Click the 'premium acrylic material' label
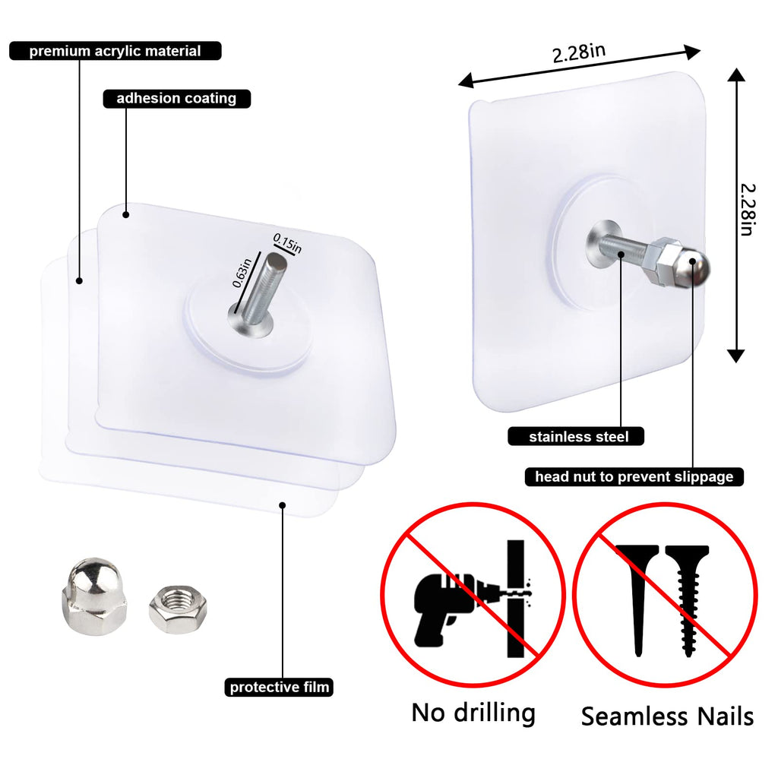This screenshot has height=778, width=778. pos(115,52)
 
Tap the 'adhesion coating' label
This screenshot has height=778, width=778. pos(176,99)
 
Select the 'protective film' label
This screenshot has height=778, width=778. pos(280,688)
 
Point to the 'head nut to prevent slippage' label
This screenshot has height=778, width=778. pos(634,477)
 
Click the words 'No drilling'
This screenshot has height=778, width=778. pos(473,713)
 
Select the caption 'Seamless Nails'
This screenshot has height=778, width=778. pos(667,716)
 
